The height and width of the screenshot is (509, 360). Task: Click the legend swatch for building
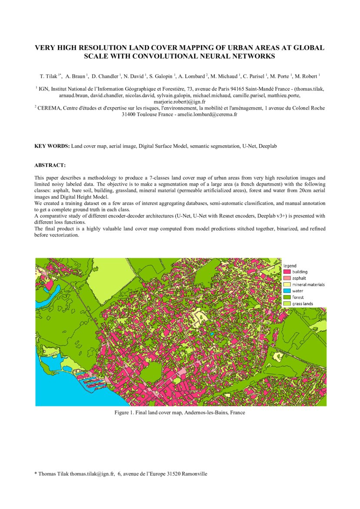(287, 272)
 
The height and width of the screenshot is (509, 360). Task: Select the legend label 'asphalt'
(299, 278)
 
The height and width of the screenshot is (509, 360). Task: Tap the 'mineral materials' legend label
(308, 285)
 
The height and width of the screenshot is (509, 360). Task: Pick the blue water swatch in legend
(287, 291)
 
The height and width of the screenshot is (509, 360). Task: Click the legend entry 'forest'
(298, 297)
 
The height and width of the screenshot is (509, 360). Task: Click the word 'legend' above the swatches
(290, 266)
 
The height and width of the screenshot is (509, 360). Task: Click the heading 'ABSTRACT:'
(50, 165)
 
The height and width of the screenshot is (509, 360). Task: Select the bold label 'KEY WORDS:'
(52, 146)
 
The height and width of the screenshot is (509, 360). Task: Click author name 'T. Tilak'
(49, 77)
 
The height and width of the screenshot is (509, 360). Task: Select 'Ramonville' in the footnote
(194, 474)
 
